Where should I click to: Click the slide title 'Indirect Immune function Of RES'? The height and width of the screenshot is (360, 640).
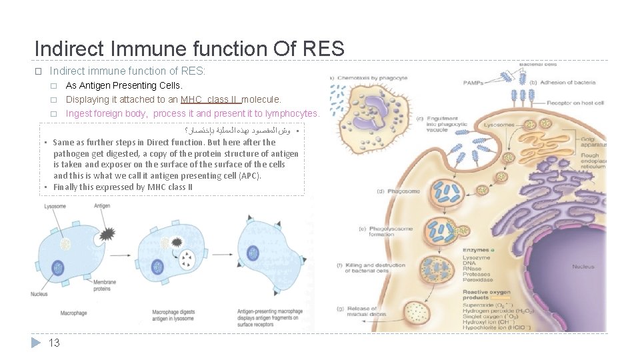(x=189, y=49)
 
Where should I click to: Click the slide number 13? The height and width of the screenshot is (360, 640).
(x=55, y=343)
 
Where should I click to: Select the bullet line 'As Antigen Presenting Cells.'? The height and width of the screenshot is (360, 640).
(x=124, y=85)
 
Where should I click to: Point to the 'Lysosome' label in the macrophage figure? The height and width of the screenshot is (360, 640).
(x=55, y=207)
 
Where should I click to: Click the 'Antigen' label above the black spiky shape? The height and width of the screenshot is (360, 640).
(x=102, y=207)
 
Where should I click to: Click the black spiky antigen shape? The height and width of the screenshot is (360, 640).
(x=107, y=233)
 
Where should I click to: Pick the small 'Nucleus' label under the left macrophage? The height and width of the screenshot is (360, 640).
(x=39, y=295)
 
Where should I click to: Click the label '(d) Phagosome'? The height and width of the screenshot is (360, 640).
(x=399, y=191)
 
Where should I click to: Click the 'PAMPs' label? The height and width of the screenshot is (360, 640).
(x=473, y=83)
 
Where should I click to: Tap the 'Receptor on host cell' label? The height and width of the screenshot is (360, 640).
(x=575, y=103)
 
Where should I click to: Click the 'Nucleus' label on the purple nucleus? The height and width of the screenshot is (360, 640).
(x=583, y=267)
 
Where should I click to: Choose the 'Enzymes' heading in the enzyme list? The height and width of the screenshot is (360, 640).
(x=476, y=250)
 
